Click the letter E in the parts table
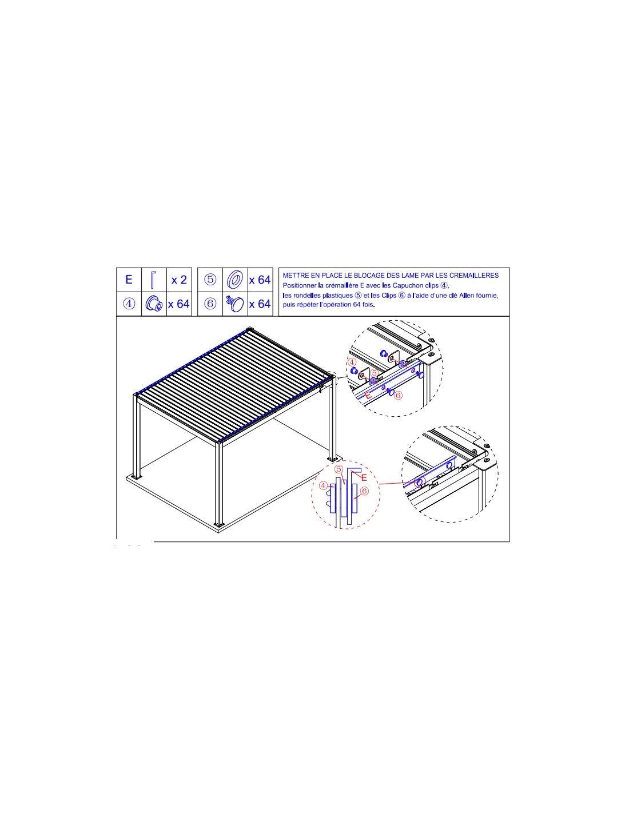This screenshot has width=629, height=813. point(129,280)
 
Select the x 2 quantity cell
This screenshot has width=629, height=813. point(179,280)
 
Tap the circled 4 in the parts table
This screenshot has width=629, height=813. point(129,304)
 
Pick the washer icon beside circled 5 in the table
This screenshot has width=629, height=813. point(235,280)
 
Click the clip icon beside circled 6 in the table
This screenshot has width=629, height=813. point(234,304)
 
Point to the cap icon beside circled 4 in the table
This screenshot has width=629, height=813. point(154,304)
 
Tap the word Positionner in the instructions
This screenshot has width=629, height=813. point(299,285)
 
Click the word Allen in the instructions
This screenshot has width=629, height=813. point(467,296)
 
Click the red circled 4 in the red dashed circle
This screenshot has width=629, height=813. point(323,486)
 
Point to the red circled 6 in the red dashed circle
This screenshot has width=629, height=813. point(364,491)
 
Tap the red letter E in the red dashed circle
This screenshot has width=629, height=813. point(364,478)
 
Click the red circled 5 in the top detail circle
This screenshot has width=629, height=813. point(374,373)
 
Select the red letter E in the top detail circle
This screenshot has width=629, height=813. point(368,395)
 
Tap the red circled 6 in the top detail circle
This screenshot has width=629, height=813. point(398,395)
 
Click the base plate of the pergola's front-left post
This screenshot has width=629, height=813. point(136,477)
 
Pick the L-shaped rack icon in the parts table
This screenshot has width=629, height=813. point(153,280)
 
